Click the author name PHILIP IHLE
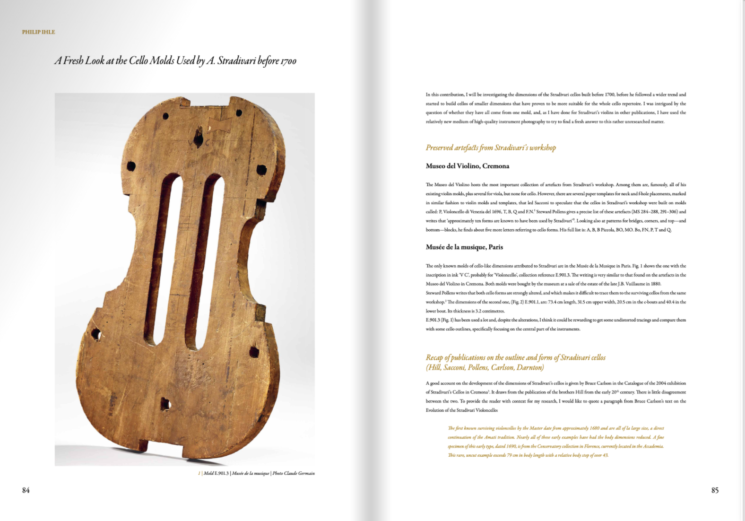[38, 32]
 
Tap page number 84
[26, 490]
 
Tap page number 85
[715, 490]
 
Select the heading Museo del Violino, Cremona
[467, 166]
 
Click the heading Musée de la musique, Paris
[464, 247]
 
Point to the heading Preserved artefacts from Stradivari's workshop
[491, 148]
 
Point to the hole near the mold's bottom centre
[165, 404]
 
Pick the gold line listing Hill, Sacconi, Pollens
[485, 367]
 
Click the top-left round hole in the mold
[165, 116]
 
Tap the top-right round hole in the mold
[239, 113]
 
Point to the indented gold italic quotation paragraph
[555, 442]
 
